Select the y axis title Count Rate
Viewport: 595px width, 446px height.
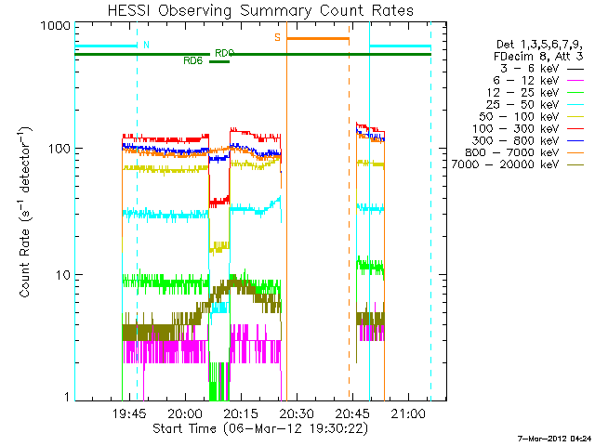(x=27, y=220)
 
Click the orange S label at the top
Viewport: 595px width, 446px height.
(x=277, y=37)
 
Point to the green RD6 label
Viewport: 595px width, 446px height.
(x=193, y=60)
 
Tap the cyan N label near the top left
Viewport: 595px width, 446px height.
(x=146, y=45)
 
